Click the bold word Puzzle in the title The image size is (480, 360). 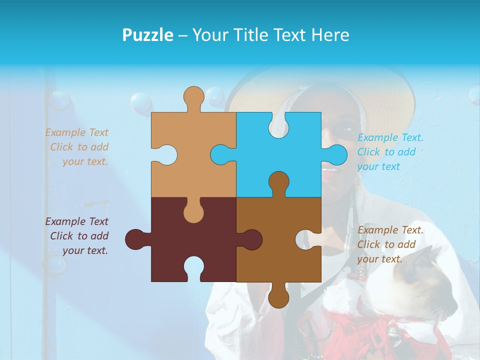(147, 35)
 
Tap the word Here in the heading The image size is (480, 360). (330, 35)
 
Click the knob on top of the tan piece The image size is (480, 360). (193, 96)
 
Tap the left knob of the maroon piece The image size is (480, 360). (134, 239)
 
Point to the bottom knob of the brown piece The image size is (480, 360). (278, 298)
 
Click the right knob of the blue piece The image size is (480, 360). (337, 154)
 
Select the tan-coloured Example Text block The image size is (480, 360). (77, 147)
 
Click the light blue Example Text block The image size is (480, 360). (389, 152)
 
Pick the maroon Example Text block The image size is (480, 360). (77, 236)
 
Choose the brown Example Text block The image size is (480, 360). (389, 244)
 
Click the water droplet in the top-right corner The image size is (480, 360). (473, 95)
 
